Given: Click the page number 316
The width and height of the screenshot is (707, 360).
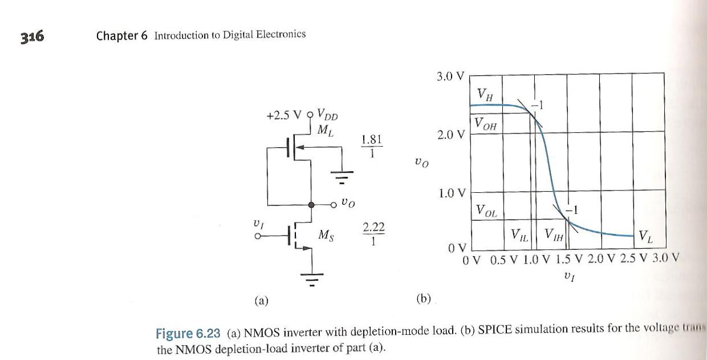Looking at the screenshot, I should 33,37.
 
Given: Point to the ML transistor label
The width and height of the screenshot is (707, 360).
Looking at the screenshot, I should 326,130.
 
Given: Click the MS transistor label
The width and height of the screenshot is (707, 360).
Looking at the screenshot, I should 327,234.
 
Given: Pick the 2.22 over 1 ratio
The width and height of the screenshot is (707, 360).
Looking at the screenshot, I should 373,234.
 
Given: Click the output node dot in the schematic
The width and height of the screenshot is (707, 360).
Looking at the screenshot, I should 311,204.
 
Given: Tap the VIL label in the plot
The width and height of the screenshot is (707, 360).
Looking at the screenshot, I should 519,234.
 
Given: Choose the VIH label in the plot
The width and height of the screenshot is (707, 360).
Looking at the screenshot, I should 552,234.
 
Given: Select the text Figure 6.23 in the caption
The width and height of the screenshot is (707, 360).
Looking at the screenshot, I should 188,333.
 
